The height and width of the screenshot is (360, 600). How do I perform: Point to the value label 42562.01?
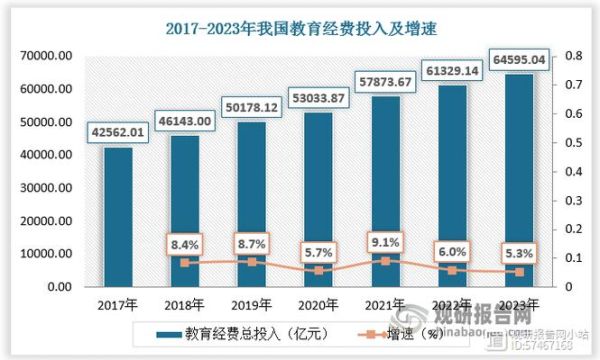(x=117, y=132)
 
